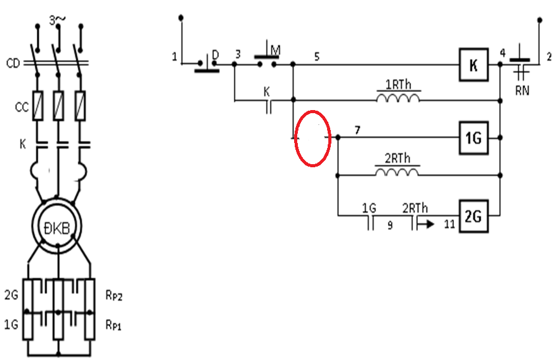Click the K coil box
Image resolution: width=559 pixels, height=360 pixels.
473,65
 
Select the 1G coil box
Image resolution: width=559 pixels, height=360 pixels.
473,137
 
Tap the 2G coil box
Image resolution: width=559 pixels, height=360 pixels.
473,216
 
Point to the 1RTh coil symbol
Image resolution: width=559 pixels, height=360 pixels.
398,98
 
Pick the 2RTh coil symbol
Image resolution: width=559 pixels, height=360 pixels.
397,172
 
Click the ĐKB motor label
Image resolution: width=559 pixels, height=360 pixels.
57,228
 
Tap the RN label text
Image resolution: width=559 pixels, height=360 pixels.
522,91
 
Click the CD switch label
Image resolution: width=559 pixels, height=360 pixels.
13,63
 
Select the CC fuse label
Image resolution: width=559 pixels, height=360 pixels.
22,107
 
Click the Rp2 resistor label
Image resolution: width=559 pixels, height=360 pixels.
114,295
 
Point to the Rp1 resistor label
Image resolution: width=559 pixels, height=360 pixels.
114,325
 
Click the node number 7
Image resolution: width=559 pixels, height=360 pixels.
357,130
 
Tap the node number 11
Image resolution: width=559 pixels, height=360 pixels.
450,224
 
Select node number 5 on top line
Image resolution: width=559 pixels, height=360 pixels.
317,57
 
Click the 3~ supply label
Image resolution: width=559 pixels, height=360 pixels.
57,21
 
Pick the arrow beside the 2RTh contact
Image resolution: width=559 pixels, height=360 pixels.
426,224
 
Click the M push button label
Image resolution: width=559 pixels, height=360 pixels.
275,50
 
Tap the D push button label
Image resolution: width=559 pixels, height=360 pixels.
215,55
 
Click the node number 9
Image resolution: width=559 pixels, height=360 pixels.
390,225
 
